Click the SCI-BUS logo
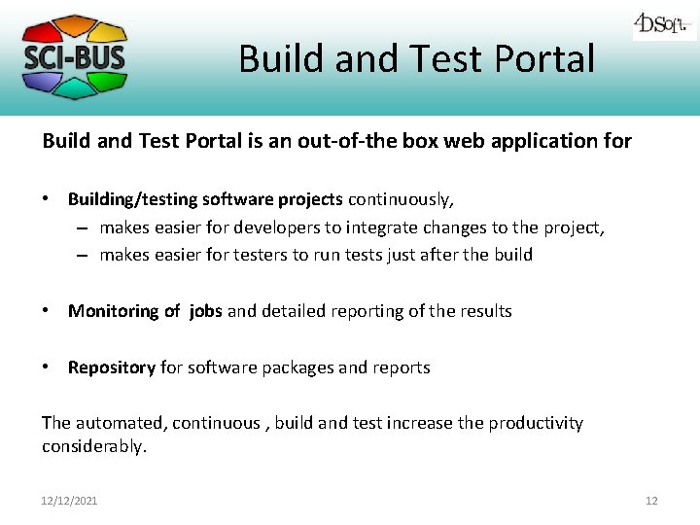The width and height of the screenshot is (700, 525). (x=74, y=56)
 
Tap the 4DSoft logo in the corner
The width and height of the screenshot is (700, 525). (x=664, y=23)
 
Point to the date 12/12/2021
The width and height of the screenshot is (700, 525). (x=69, y=501)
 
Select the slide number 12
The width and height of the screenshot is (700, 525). (x=651, y=501)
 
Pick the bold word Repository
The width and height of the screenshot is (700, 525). (x=111, y=367)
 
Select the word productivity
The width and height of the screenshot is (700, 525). (x=535, y=423)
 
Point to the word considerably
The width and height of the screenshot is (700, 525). (x=93, y=446)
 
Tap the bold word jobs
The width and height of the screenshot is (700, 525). (x=205, y=311)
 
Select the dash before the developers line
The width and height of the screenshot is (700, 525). (x=83, y=227)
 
